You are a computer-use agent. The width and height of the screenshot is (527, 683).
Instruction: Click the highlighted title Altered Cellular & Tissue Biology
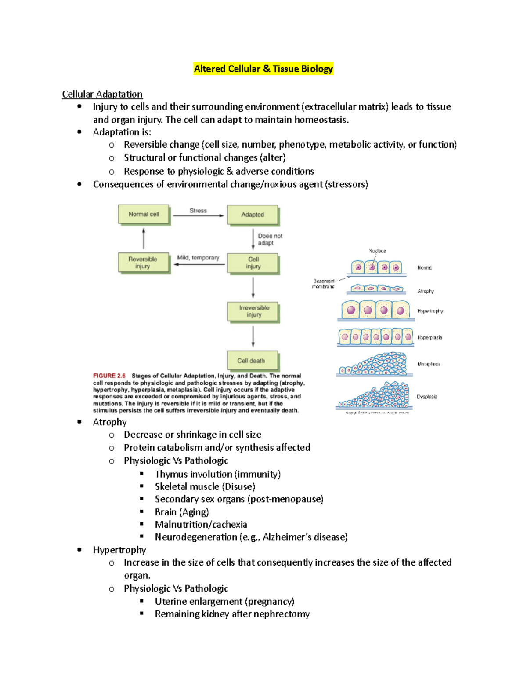click(263, 69)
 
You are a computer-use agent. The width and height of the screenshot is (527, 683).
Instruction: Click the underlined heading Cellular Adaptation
click(102, 94)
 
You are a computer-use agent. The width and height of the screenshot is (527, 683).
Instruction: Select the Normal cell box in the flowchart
click(144, 215)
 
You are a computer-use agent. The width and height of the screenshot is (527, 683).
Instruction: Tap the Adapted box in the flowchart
click(253, 215)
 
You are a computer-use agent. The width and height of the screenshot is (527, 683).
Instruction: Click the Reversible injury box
click(143, 263)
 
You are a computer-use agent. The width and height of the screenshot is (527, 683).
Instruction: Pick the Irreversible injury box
click(253, 311)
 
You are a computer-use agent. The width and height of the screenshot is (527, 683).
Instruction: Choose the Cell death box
click(252, 361)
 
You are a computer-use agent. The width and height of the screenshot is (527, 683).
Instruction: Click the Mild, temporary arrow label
click(198, 258)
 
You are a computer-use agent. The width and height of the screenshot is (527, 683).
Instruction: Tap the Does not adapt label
click(270, 239)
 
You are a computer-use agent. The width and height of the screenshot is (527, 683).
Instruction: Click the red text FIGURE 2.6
click(109, 376)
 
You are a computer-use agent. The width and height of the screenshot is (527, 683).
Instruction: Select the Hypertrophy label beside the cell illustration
click(430, 311)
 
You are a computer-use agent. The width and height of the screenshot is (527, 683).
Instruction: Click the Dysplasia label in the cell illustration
click(427, 397)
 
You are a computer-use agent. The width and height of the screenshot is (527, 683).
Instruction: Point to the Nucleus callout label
click(377, 251)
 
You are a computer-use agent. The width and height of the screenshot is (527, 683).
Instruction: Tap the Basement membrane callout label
click(324, 284)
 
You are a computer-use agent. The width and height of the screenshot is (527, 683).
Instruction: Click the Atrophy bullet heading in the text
click(110, 422)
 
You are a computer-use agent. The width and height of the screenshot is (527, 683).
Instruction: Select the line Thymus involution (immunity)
click(217, 474)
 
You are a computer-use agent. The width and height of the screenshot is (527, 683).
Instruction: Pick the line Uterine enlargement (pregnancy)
click(224, 601)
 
